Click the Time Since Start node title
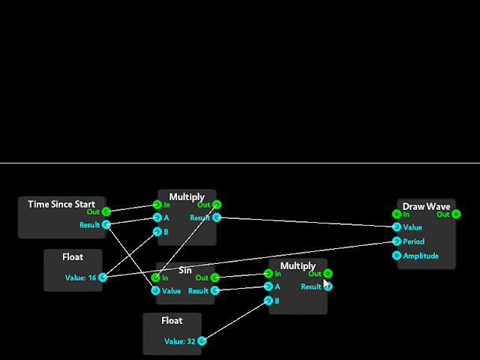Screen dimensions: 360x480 coord(61,204)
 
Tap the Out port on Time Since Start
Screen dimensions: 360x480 coord(106,211)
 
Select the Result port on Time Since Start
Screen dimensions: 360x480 coord(106,224)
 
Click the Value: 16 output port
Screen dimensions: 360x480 coord(103,277)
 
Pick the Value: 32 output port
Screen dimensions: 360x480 coord(202,340)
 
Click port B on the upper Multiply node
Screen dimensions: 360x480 coord(157,232)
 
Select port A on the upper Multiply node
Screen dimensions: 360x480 coord(157,218)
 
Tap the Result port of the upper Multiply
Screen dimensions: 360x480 coord(217,218)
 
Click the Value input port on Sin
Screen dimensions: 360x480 coord(155,291)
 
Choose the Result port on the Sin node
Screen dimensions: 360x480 coord(215,291)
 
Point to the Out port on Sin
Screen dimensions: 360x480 coord(215,277)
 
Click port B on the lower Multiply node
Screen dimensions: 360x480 coord(268,300)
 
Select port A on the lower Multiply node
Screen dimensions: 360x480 coord(268,286)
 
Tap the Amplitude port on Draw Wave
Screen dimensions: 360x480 coord(397,255)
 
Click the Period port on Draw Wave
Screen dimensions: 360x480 coord(397,241)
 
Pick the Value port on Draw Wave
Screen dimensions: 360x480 coord(397,227)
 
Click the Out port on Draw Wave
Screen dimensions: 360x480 coord(456,214)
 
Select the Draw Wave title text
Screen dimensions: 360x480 coord(426,206)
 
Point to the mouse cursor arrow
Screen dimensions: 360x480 coord(325,284)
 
